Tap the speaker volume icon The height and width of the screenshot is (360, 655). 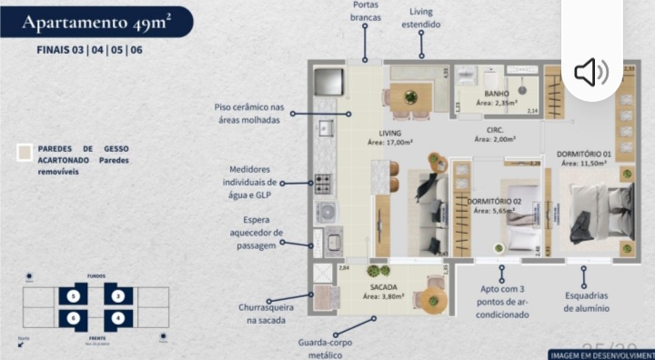click(x=591, y=72)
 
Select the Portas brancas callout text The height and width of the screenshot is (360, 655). click(x=366, y=11)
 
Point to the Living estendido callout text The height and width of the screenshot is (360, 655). click(x=420, y=18)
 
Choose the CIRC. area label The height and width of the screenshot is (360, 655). click(x=483, y=135)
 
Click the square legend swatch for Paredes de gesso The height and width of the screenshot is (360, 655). click(x=25, y=153)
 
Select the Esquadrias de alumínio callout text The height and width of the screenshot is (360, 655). click(x=586, y=302)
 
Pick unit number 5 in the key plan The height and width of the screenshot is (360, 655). click(x=73, y=295)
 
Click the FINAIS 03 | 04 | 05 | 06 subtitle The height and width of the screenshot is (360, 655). click(x=89, y=50)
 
